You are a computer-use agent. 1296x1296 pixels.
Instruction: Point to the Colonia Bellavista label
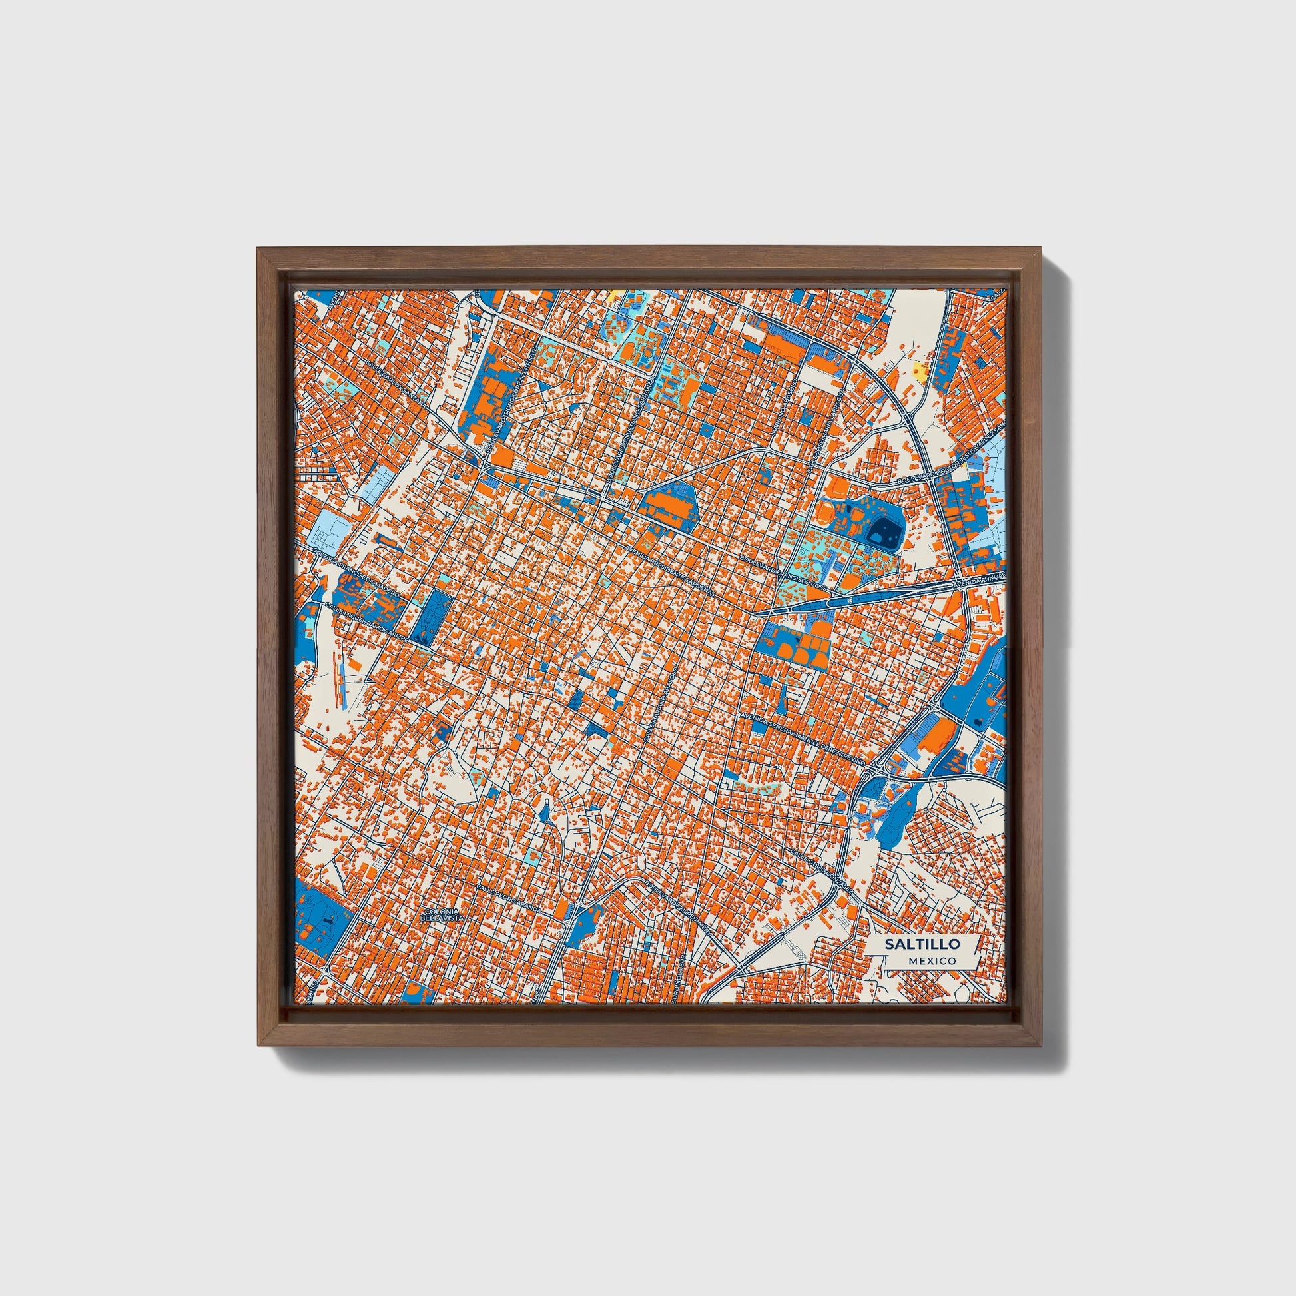pos(442,914)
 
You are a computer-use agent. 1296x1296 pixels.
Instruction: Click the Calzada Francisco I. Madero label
pos(356,575)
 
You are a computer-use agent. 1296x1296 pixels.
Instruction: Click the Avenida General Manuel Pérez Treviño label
pos(805,735)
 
